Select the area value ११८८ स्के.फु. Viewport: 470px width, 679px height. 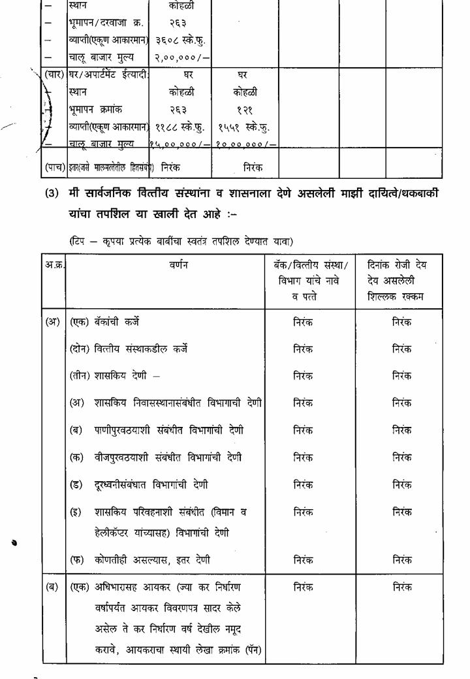pyautogui.click(x=179, y=127)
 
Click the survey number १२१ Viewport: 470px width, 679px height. pyautogui.click(x=243, y=110)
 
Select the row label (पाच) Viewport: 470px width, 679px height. pyautogui.click(x=54, y=167)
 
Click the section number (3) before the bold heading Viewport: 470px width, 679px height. pyautogui.click(x=52, y=194)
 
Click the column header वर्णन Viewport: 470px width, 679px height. pyautogui.click(x=169, y=264)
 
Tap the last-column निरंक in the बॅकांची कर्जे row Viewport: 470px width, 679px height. pyautogui.click(x=401, y=322)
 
